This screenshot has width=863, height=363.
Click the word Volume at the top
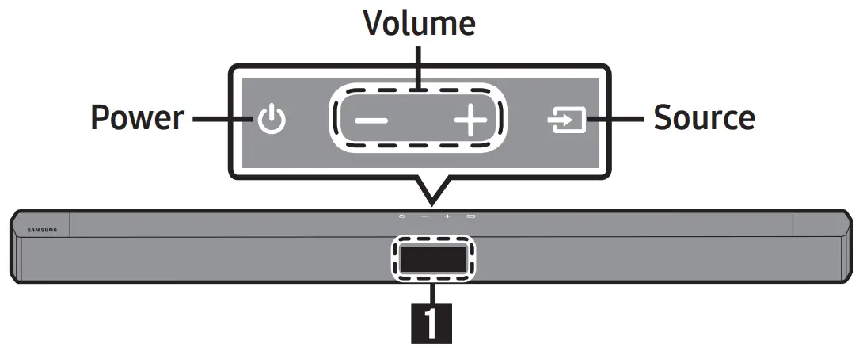click(419, 23)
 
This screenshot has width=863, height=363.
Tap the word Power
click(137, 118)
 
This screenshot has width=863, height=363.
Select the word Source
click(704, 118)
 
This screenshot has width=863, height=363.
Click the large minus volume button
click(371, 122)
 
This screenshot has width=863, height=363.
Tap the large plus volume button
click(470, 122)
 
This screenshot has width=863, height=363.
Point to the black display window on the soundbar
click(431, 259)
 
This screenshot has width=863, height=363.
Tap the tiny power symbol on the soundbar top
click(402, 216)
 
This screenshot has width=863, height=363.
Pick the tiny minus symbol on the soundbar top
click(424, 216)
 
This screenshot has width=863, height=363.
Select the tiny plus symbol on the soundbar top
click(447, 216)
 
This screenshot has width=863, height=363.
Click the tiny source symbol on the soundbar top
click(470, 216)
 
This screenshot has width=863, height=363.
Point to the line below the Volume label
click(419, 65)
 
